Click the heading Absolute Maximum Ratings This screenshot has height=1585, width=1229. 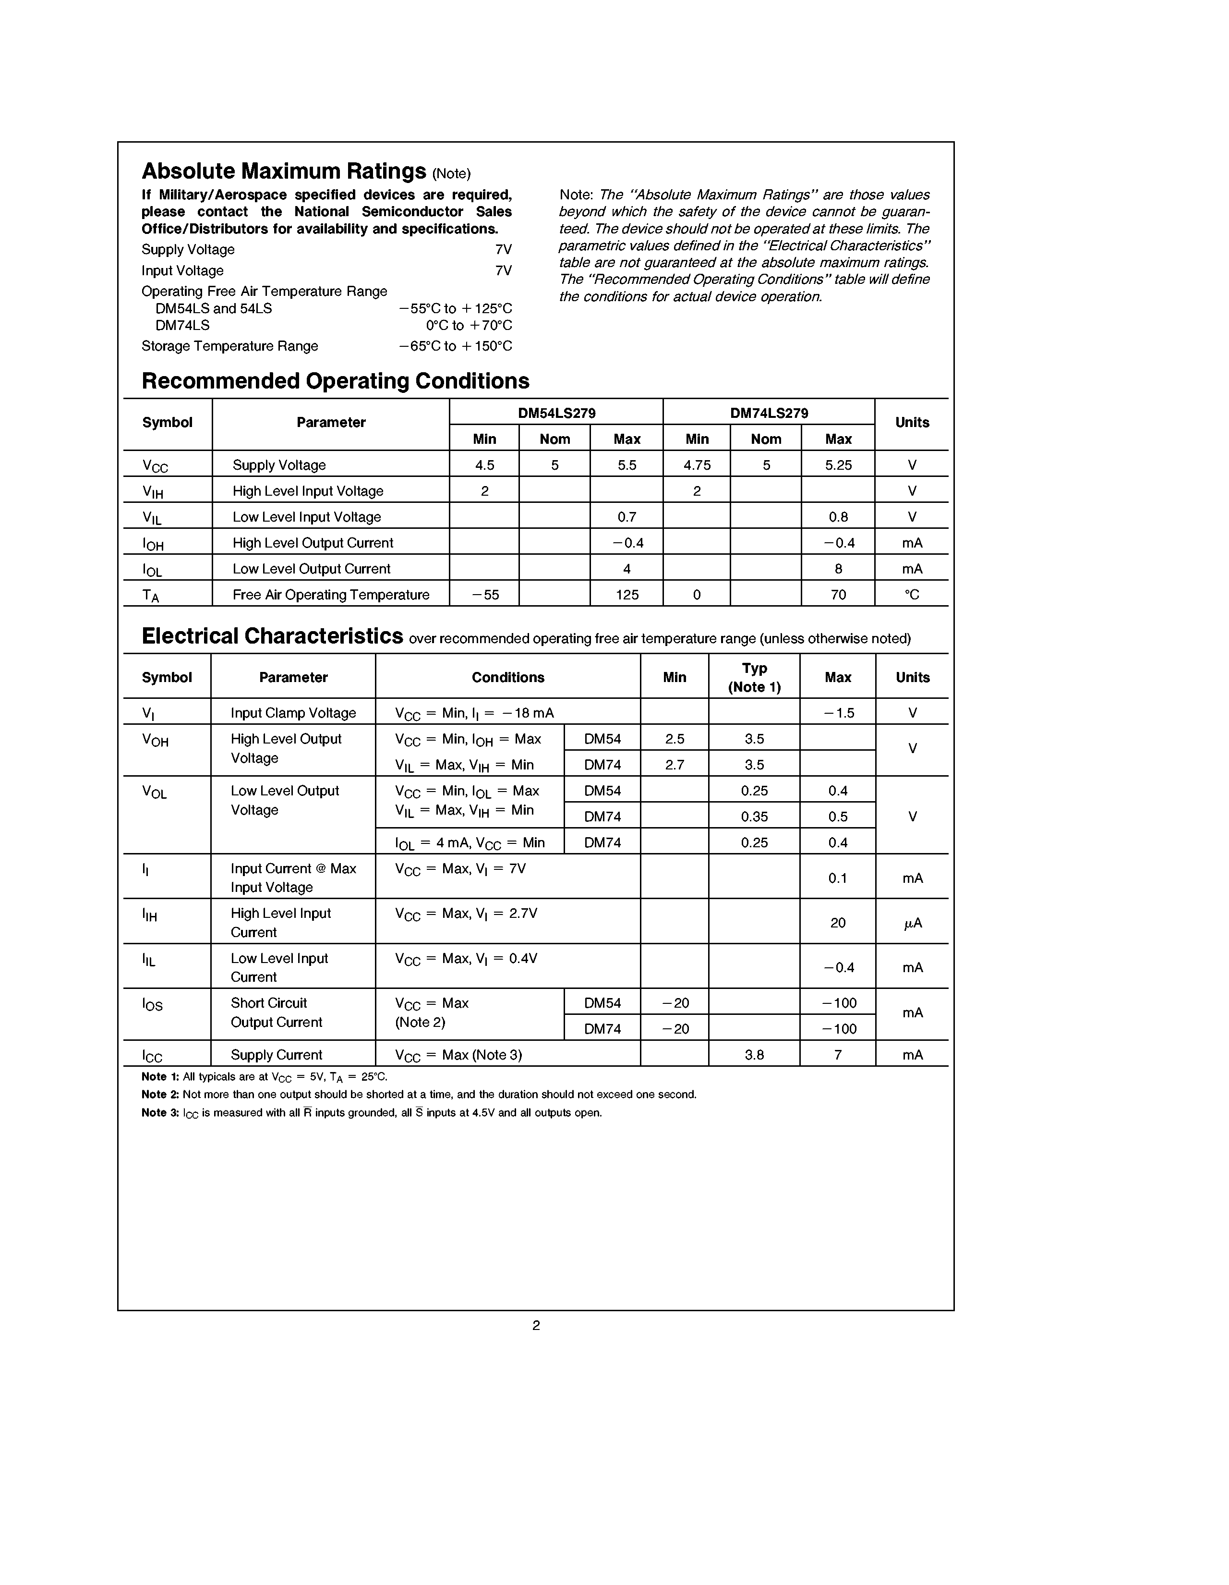(x=284, y=171)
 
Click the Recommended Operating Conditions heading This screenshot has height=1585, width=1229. (x=335, y=381)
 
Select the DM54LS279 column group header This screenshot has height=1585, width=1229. (x=556, y=413)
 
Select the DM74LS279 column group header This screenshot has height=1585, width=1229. (x=769, y=413)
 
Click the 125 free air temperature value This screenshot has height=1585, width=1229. (x=627, y=595)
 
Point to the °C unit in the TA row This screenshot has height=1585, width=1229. (x=912, y=595)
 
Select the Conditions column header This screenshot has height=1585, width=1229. (x=508, y=677)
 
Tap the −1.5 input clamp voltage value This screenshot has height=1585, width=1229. (x=838, y=713)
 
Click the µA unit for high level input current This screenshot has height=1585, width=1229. (x=912, y=923)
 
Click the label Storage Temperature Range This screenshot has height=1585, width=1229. (x=229, y=346)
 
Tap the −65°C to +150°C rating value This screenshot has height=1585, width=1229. (x=455, y=346)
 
